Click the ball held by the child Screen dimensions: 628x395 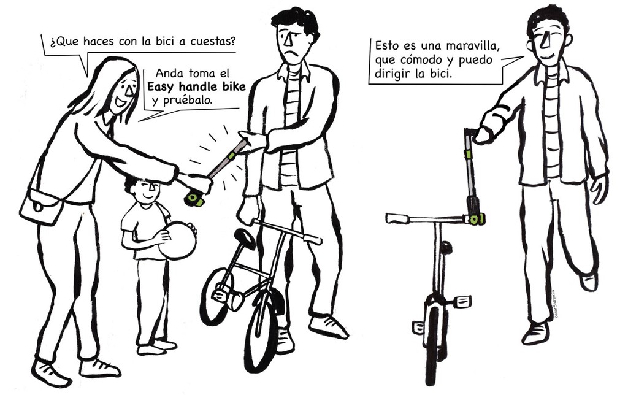[177, 241]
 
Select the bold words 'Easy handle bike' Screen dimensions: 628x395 [196, 87]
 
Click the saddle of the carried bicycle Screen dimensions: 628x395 [244, 239]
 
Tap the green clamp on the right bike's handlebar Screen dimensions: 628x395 [477, 219]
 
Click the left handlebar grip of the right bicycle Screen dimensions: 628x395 [397, 218]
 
